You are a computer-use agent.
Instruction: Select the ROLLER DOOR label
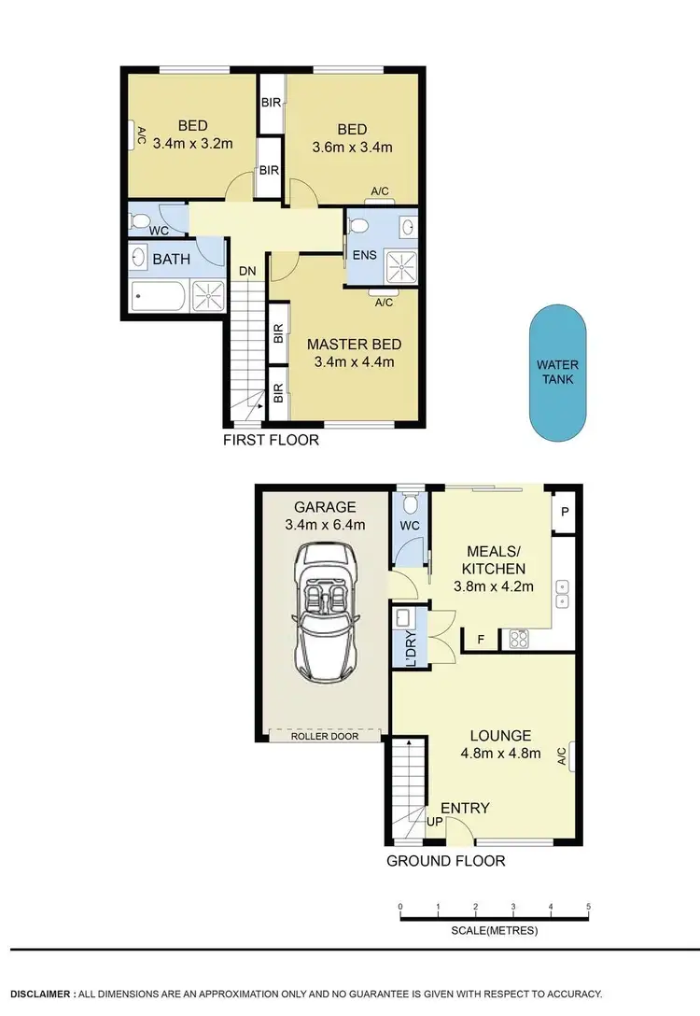click(325, 736)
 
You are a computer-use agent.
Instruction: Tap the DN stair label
click(247, 271)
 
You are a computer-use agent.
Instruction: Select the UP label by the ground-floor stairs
click(434, 821)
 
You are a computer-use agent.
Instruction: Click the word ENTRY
click(465, 808)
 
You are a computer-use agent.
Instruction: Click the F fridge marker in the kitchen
click(481, 640)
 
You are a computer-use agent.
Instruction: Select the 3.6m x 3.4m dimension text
click(353, 147)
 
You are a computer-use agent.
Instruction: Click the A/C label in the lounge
click(562, 754)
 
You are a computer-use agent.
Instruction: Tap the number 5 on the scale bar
click(588, 907)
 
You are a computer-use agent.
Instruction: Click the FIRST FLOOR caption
click(271, 439)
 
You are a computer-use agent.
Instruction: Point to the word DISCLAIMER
click(39, 995)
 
